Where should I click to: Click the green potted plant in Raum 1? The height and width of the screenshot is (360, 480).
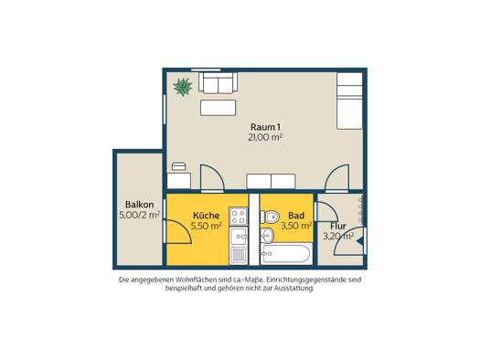point(183,87)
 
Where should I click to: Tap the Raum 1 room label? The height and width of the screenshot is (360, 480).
point(265,127)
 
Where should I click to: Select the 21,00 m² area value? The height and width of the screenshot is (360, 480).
point(265,137)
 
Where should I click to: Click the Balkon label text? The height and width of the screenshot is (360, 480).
point(140,205)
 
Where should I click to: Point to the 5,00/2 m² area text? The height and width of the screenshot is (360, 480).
point(139,215)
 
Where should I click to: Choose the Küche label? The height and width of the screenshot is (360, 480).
point(207,216)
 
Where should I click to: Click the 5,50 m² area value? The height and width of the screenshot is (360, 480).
point(207,226)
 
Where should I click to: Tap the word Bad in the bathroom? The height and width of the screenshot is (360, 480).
point(296,216)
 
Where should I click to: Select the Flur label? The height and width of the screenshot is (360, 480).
point(338,227)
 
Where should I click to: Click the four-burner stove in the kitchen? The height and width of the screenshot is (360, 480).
point(239,217)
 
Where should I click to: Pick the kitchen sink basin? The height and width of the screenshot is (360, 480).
point(239,236)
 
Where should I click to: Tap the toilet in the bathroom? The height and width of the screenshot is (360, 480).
point(270,217)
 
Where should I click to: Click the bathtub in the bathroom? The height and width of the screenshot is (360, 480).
point(286,254)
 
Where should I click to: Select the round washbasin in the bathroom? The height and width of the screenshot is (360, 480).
point(267,236)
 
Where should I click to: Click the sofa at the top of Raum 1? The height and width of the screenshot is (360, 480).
point(218,82)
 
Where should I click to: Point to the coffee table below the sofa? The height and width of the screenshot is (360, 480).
point(218,108)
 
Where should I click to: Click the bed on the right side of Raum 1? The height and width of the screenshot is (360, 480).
point(349,101)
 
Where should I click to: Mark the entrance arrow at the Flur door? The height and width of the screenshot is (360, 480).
point(360,240)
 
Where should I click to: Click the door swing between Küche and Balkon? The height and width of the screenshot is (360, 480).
point(178,231)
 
